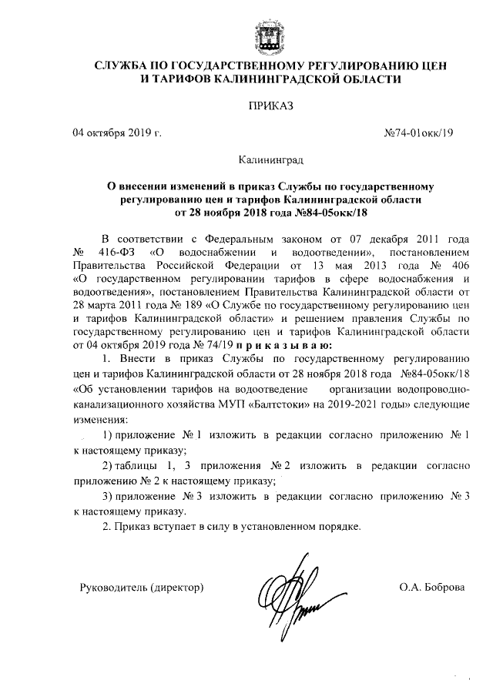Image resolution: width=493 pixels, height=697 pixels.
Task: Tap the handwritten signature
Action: point(291,593)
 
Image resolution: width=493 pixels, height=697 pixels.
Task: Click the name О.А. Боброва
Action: point(431,588)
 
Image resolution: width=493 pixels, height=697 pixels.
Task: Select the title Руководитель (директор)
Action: point(142,588)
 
